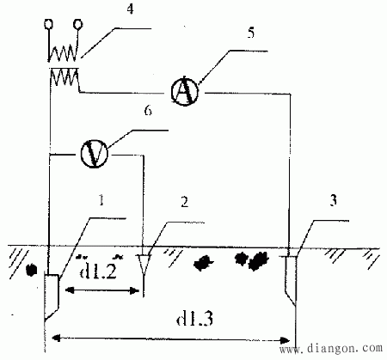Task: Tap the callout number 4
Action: [x=130, y=9]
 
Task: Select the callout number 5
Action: [x=251, y=33]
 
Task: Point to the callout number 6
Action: [x=148, y=111]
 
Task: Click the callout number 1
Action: [x=101, y=200]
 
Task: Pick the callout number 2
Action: [x=185, y=202]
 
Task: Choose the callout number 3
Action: [x=333, y=201]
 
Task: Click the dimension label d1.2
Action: [x=98, y=270]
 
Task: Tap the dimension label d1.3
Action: [x=194, y=318]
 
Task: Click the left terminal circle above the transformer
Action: [x=48, y=24]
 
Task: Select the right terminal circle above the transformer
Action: [x=77, y=24]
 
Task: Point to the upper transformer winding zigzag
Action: [x=63, y=53]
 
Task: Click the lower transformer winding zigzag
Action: [x=64, y=77]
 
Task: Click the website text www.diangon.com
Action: [x=331, y=349]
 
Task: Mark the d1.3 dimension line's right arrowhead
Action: [x=285, y=341]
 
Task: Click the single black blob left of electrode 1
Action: [x=31, y=270]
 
